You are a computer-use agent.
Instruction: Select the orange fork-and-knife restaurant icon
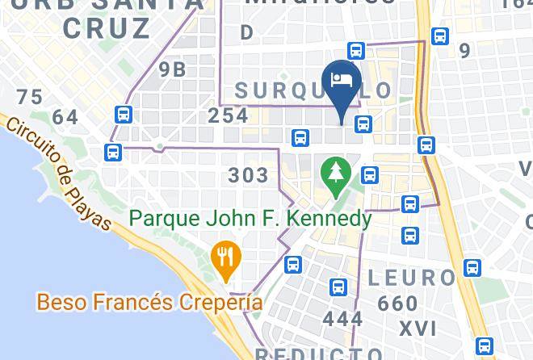tap(225, 257)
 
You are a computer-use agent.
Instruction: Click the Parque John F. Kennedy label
tap(250, 219)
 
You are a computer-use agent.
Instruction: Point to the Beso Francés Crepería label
tap(149, 303)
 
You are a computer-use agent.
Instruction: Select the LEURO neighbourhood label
tap(412, 278)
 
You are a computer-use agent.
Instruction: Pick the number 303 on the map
tap(249, 175)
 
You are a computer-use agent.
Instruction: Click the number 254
tap(228, 115)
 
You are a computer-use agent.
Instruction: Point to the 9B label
tap(173, 69)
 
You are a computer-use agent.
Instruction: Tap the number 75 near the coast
tap(29, 98)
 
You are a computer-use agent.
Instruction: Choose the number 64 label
tap(65, 118)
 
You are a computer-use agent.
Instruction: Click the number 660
tap(397, 304)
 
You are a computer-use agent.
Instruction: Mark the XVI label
tap(418, 329)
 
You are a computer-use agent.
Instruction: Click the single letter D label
tap(247, 32)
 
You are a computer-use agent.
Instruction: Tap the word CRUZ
tap(118, 28)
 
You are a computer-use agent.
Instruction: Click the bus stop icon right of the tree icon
tap(370, 174)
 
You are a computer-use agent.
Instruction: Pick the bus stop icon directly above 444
tap(338, 287)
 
